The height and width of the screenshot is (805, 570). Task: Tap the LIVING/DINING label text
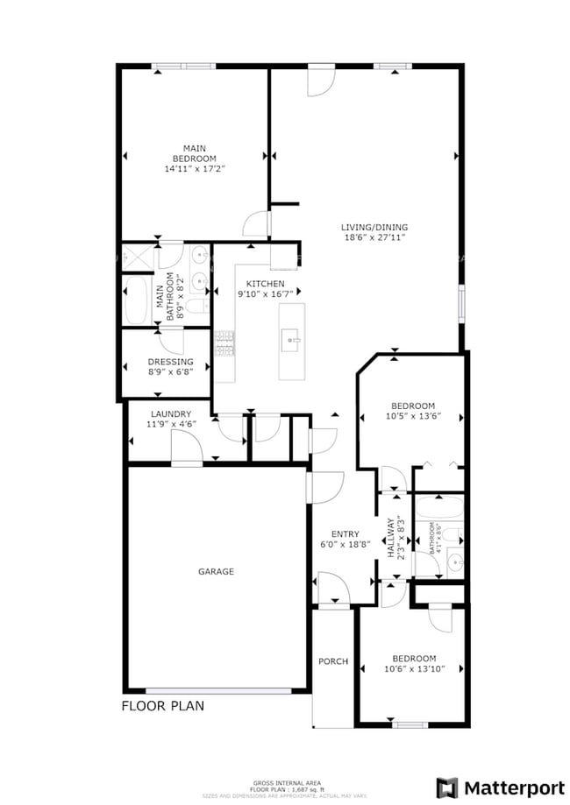(374, 228)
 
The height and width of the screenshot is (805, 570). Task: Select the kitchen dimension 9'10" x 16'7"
(265, 295)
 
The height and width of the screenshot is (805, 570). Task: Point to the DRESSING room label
(170, 362)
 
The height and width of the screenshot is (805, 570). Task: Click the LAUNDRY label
(170, 413)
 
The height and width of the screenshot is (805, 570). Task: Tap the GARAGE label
(216, 571)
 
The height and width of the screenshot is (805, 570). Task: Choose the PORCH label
(333, 661)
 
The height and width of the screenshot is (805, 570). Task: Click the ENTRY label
(345, 533)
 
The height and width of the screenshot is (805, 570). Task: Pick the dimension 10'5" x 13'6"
(412, 416)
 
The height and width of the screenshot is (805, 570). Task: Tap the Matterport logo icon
(447, 786)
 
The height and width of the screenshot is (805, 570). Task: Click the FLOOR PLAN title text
(162, 705)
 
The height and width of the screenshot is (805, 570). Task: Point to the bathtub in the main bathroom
(138, 301)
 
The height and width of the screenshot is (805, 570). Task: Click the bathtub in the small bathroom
(438, 507)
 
